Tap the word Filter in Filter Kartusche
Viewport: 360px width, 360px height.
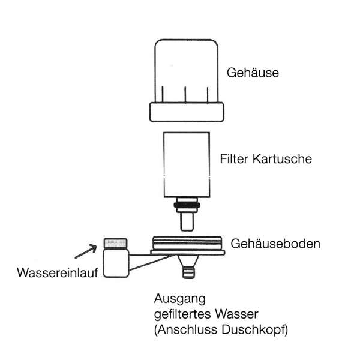click(233, 161)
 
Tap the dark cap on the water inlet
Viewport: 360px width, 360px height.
click(116, 243)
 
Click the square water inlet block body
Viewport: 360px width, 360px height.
click(116, 264)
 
